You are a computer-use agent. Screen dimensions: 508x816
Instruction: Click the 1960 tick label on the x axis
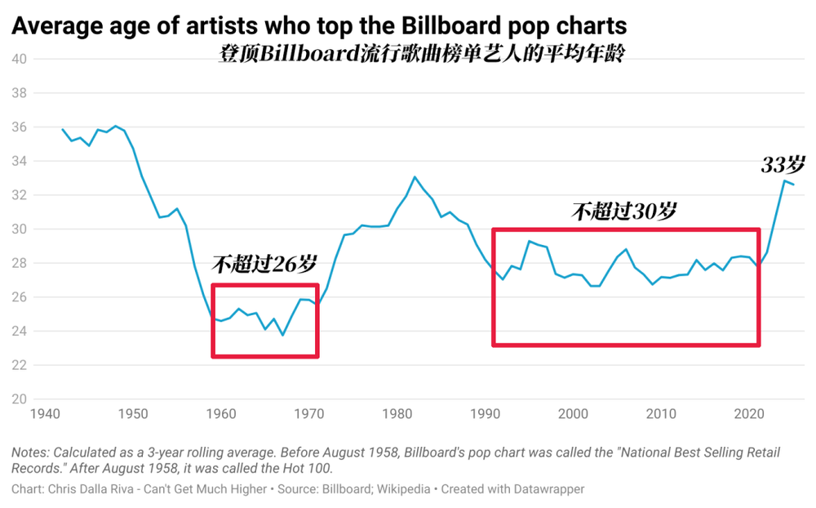218,414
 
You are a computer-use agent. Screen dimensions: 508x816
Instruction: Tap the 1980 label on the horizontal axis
396,414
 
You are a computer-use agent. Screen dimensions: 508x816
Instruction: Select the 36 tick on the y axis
19,127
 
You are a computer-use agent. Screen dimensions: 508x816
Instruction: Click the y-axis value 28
19,263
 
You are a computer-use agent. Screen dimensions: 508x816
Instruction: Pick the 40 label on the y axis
19,59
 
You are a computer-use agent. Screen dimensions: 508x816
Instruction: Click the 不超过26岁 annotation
264,264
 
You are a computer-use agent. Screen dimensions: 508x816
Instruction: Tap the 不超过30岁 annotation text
623,212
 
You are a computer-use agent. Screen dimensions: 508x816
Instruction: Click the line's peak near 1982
415,177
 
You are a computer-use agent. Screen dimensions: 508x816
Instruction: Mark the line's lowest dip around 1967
283,335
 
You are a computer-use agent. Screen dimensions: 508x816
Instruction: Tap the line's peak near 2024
785,180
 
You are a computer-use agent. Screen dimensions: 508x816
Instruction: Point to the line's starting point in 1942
62,129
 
